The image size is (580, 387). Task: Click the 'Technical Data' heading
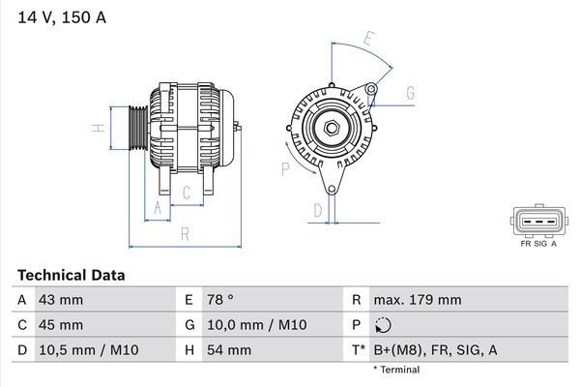(71, 276)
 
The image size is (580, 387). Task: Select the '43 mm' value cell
(60, 300)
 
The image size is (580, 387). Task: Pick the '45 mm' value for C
(60, 325)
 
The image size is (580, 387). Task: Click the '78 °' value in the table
(220, 300)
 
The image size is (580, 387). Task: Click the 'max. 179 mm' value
(419, 300)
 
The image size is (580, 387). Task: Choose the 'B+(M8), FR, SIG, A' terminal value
(436, 350)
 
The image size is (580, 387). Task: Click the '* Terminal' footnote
(396, 370)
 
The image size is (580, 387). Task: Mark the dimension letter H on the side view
(97, 128)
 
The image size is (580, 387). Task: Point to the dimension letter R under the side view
(184, 234)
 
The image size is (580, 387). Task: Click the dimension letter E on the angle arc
(368, 41)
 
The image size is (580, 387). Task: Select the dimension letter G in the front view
(410, 93)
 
